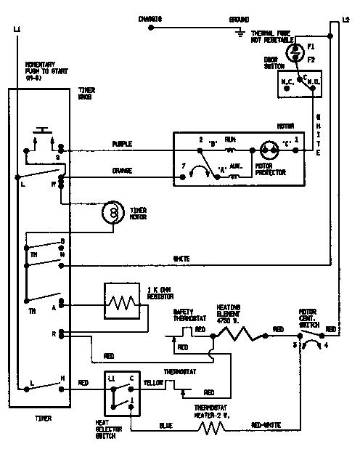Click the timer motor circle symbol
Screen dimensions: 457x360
(x=112, y=211)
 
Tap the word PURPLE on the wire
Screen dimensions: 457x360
(x=122, y=144)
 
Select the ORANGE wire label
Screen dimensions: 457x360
(x=122, y=171)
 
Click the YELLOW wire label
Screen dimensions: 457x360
(x=152, y=381)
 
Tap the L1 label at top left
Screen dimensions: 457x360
(x=17, y=29)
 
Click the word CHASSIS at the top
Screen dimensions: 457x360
(x=150, y=18)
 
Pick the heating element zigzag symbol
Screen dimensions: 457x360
(x=237, y=333)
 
